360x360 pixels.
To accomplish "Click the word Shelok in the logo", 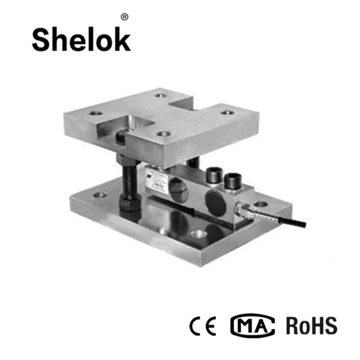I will pyautogui.click(x=81, y=40).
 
